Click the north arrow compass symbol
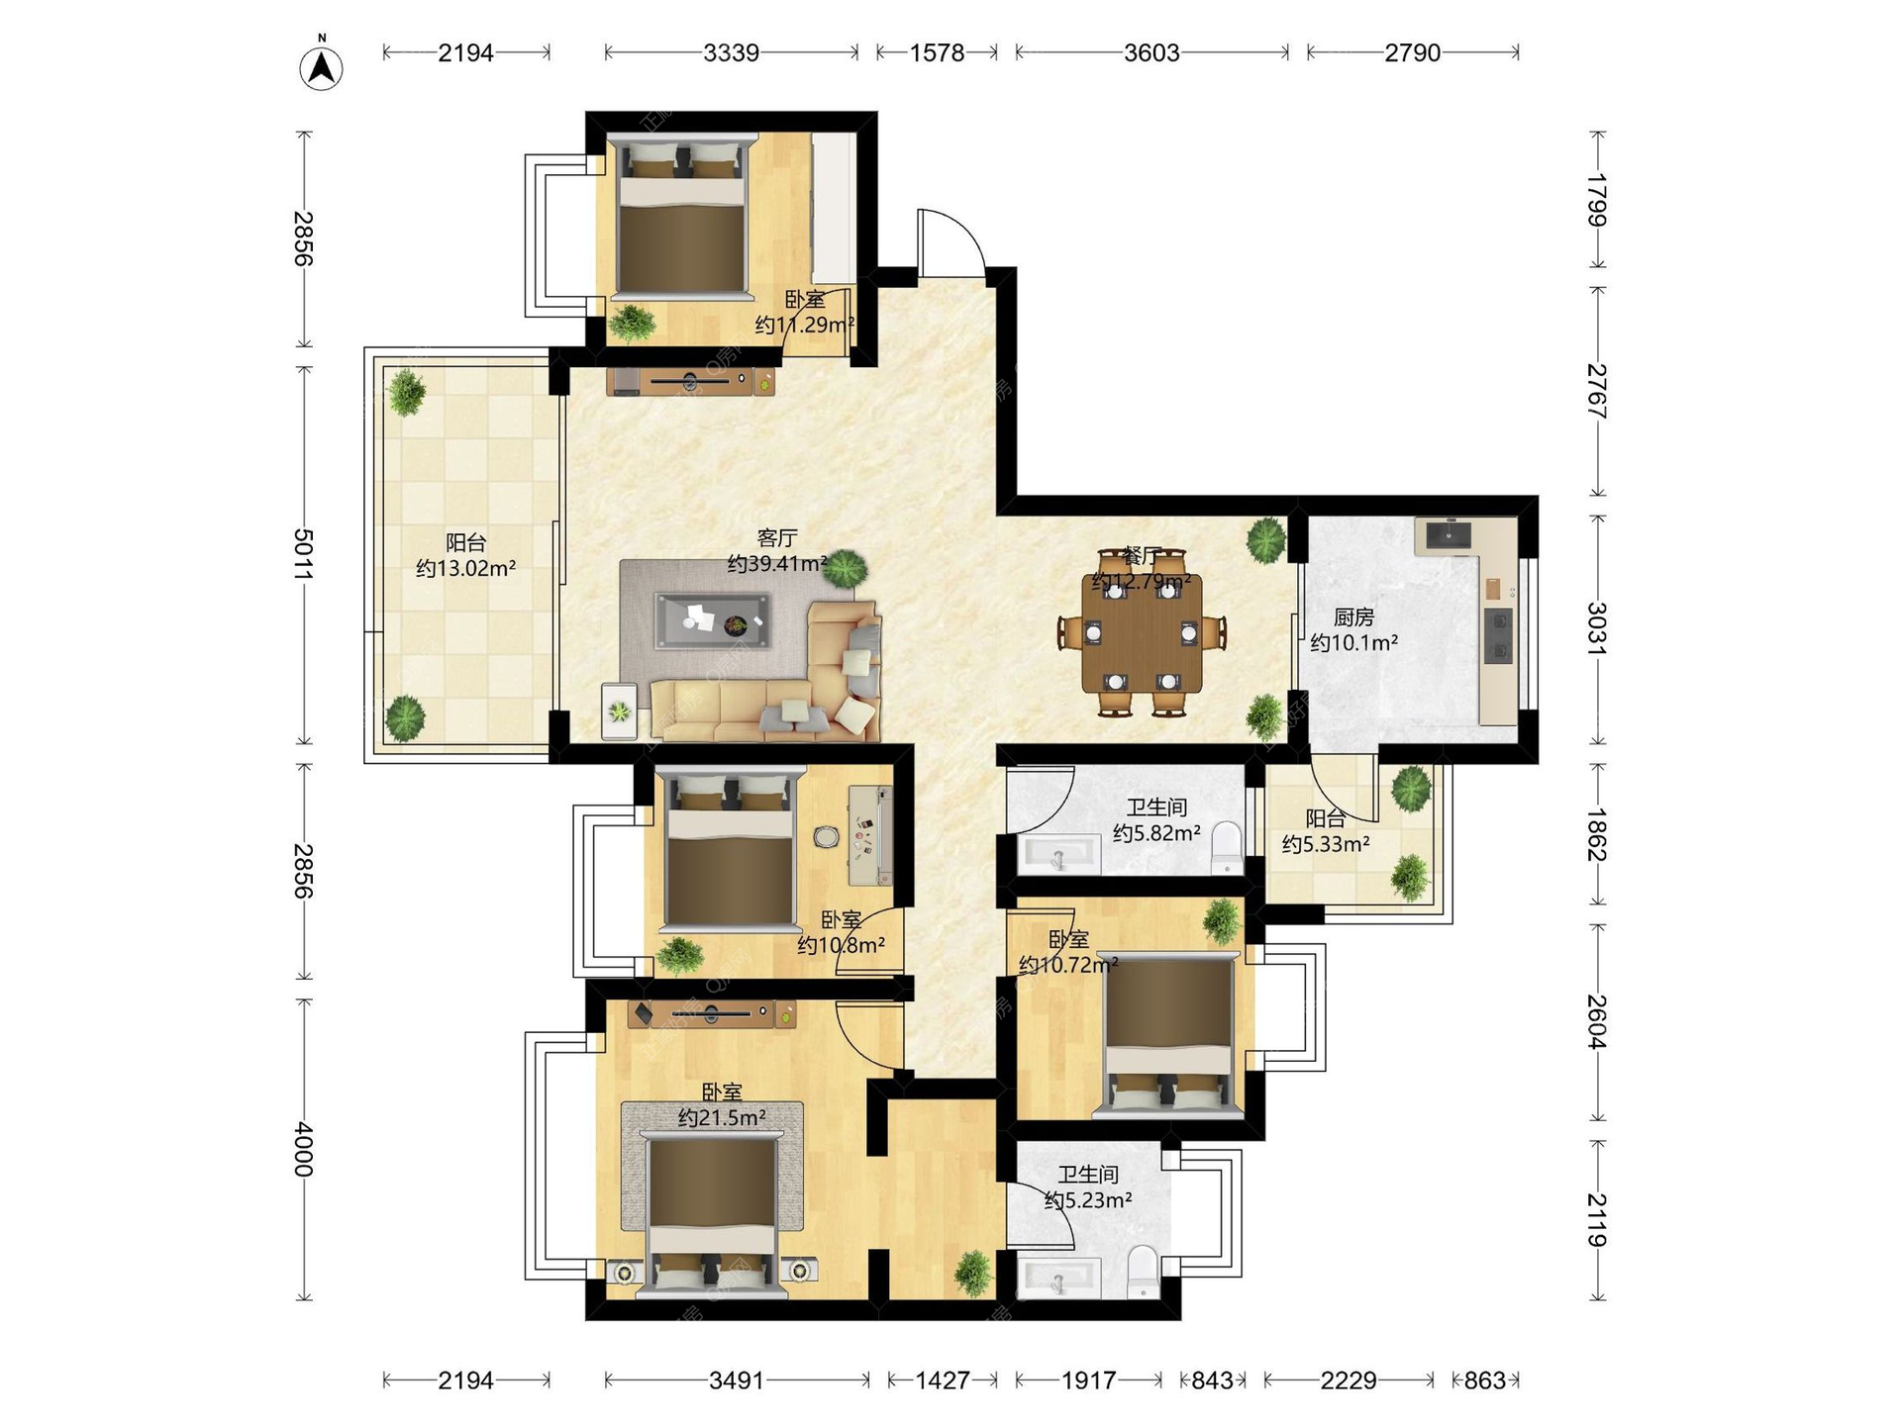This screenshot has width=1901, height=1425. (321, 65)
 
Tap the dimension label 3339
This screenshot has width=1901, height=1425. (731, 52)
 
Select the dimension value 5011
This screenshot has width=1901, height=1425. (303, 554)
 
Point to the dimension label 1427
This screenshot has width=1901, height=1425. (942, 1379)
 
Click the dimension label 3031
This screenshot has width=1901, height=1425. (1596, 628)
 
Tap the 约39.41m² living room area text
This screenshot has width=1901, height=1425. (777, 564)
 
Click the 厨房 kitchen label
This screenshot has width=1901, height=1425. (1353, 617)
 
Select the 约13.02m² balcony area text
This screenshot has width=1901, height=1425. (465, 568)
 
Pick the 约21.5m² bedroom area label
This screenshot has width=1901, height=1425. (722, 1118)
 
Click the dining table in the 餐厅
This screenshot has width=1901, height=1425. (1143, 632)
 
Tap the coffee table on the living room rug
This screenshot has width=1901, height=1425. (713, 621)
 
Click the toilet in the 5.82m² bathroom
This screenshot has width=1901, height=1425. (1227, 847)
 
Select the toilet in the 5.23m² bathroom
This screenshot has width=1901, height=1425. (1143, 1272)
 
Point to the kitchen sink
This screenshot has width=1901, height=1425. (1449, 535)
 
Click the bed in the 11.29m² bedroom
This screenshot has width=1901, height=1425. (681, 215)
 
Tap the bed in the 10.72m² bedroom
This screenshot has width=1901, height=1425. (1168, 1035)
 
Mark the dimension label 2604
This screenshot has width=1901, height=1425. (1596, 1021)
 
